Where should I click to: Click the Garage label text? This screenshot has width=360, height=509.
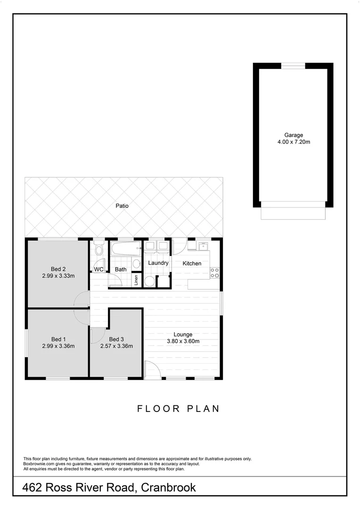(293, 135)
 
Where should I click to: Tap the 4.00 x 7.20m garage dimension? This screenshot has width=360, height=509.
(293, 142)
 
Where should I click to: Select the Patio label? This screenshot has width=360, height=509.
(122, 206)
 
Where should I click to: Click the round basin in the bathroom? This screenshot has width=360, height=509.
(136, 263)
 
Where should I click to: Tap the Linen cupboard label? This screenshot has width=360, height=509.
(136, 280)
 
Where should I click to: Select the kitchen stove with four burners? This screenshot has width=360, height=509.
(214, 272)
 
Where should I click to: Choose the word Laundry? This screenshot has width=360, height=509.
(158, 263)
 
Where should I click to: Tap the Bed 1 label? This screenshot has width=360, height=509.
(58, 339)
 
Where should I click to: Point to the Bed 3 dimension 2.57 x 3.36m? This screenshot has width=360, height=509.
(116, 346)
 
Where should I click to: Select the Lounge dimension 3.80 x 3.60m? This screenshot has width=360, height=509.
(183, 341)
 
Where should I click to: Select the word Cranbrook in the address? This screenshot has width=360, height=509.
(168, 488)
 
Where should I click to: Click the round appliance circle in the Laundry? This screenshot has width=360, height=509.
(149, 282)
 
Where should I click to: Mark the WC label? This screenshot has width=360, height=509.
(98, 270)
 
